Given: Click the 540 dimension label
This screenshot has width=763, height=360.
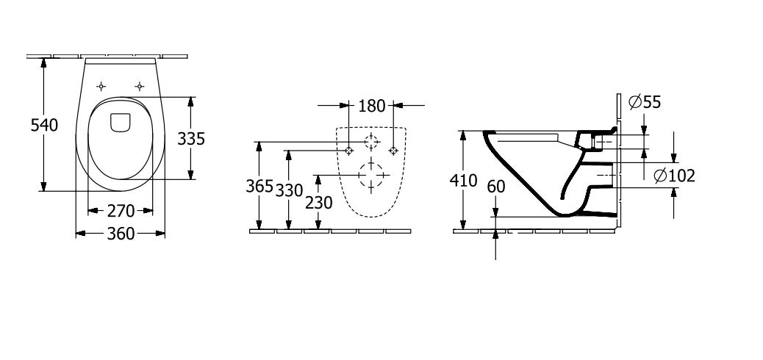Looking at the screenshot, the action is (x=44, y=125).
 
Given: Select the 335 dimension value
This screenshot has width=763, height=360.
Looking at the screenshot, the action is (x=191, y=139).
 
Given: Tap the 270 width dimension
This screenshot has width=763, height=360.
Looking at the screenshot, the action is (x=121, y=211).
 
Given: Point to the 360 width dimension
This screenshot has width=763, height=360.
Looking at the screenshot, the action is (x=121, y=234).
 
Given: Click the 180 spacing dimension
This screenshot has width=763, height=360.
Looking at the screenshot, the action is (x=372, y=106).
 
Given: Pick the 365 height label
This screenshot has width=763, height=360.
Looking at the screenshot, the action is (x=259, y=186).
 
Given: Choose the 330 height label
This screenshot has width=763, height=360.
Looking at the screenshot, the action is (x=289, y=190).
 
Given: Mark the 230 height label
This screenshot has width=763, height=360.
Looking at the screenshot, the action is (x=319, y=202).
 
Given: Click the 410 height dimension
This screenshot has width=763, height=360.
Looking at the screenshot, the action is (x=463, y=181).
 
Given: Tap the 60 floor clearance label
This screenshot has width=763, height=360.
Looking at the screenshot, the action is (x=496, y=187).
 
